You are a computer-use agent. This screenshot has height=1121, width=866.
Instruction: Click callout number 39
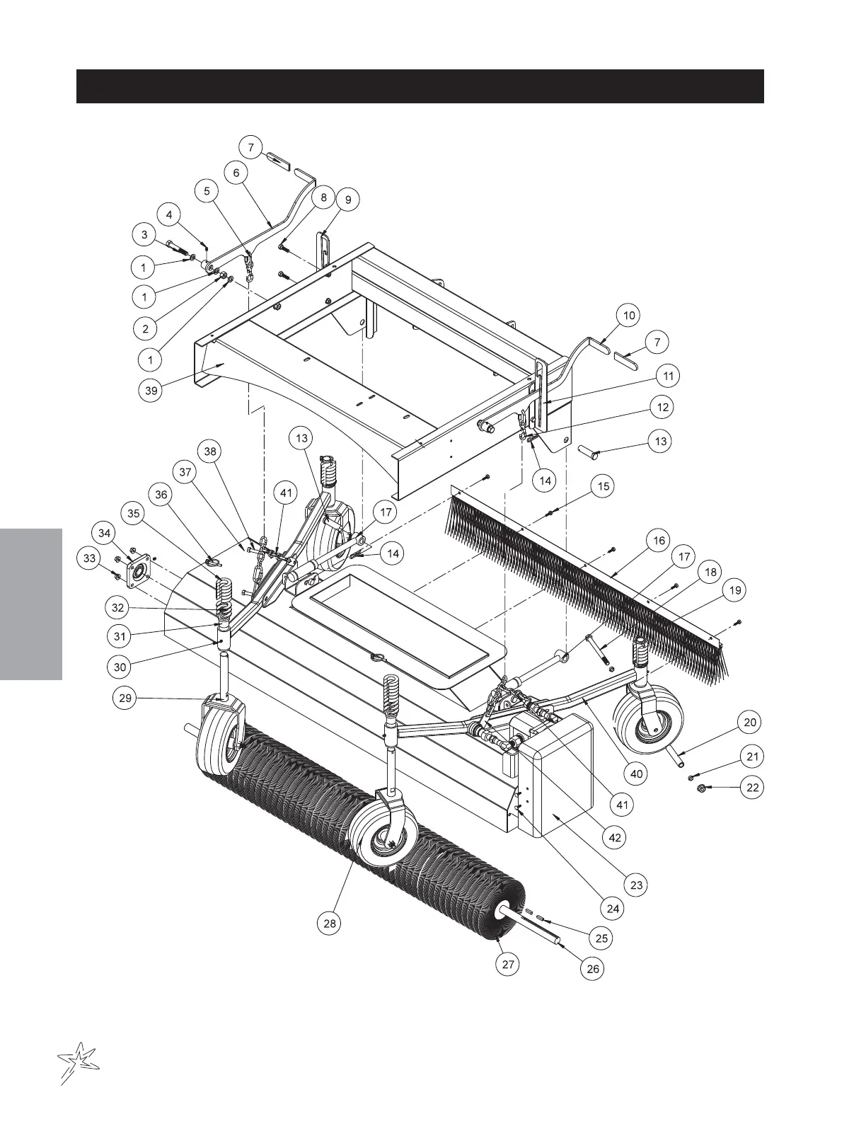[150, 391]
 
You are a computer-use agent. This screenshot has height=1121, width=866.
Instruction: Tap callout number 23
[636, 885]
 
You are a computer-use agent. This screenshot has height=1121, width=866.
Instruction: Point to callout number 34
[105, 532]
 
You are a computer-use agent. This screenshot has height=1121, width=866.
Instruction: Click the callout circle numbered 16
[659, 541]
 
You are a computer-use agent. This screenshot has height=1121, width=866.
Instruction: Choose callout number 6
[236, 173]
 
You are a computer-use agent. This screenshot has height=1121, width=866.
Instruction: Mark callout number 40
[637, 774]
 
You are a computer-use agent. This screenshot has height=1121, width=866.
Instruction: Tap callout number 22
[754, 787]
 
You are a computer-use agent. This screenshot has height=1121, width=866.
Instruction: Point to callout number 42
[615, 838]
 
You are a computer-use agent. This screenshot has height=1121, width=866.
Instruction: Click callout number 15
[604, 487]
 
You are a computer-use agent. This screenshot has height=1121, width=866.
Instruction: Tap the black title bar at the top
[420, 86]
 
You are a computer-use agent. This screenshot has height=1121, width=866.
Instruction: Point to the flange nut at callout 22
[699, 788]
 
